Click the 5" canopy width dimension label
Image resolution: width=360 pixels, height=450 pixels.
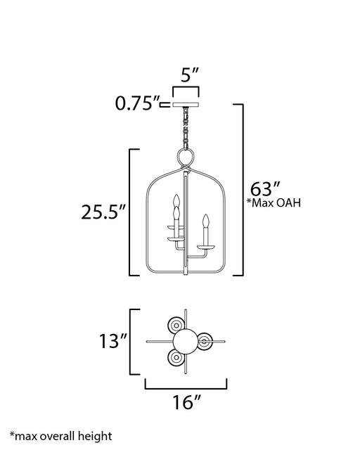coord(190,75)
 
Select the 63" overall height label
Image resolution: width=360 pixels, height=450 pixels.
coord(265,189)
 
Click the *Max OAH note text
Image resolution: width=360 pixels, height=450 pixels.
coord(274,203)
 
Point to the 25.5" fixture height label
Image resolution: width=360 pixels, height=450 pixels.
coord(103,212)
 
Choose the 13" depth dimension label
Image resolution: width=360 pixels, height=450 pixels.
coord(112,341)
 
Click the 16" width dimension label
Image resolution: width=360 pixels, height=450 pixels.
coord(186,402)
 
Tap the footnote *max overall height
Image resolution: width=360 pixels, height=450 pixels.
coord(61,436)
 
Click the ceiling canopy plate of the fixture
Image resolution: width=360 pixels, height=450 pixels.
coord(186,104)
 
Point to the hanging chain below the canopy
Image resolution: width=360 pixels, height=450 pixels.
coord(186,128)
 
